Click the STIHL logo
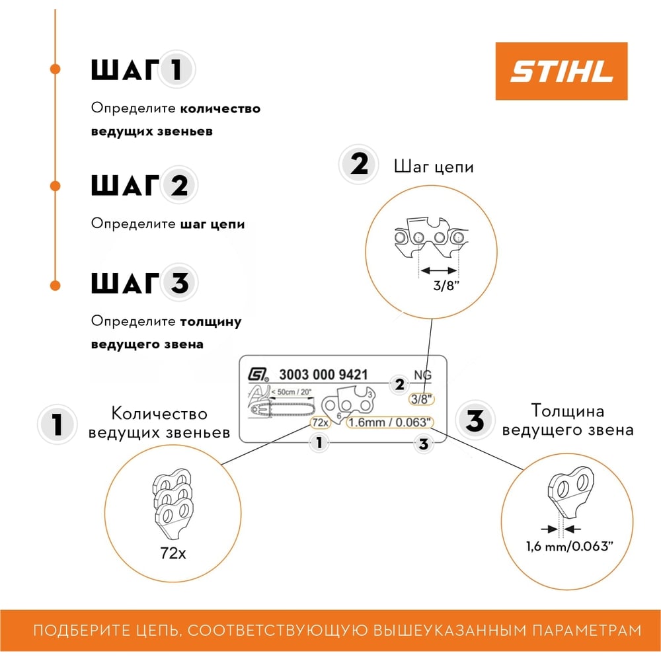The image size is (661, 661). (561, 71)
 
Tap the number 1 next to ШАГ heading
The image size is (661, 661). (176, 69)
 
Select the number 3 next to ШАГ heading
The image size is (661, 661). (180, 282)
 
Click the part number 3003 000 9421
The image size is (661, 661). (323, 374)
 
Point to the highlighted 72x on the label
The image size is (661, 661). (321, 422)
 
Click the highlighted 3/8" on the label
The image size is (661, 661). (422, 399)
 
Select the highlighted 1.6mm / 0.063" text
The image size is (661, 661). (389, 422)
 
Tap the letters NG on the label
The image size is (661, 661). (422, 375)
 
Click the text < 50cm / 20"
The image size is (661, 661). (292, 392)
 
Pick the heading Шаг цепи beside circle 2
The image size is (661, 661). (434, 167)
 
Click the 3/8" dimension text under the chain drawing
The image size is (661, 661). (446, 286)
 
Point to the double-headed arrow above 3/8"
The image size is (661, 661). (438, 270)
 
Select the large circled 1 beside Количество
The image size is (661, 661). (58, 424)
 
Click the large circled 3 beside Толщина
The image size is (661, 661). (475, 420)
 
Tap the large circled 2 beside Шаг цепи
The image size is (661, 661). (359, 164)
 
